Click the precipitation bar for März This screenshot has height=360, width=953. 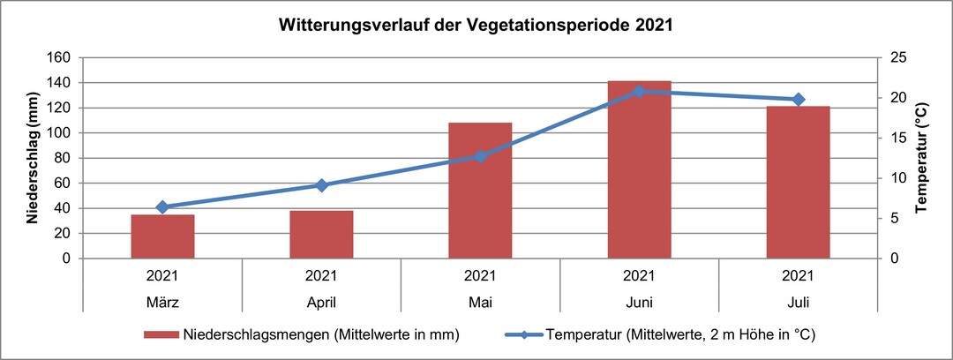pyautogui.click(x=162, y=236)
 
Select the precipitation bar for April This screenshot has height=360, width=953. pyautogui.click(x=321, y=235)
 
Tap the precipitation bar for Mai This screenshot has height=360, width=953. pyautogui.click(x=480, y=191)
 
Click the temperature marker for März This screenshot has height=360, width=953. pyautogui.click(x=162, y=207)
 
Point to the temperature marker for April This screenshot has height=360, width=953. pyautogui.click(x=321, y=185)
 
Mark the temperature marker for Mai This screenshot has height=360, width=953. pyautogui.click(x=480, y=156)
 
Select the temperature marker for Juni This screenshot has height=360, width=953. pyautogui.click(x=639, y=91)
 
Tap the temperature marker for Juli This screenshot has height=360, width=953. pyautogui.click(x=798, y=100)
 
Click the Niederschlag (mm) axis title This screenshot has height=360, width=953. pyautogui.click(x=32, y=157)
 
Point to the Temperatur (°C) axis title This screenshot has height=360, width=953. pyautogui.click(x=921, y=158)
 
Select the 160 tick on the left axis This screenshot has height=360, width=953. pyautogui.click(x=60, y=57)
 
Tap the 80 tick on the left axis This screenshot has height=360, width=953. pyautogui.click(x=64, y=158)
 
